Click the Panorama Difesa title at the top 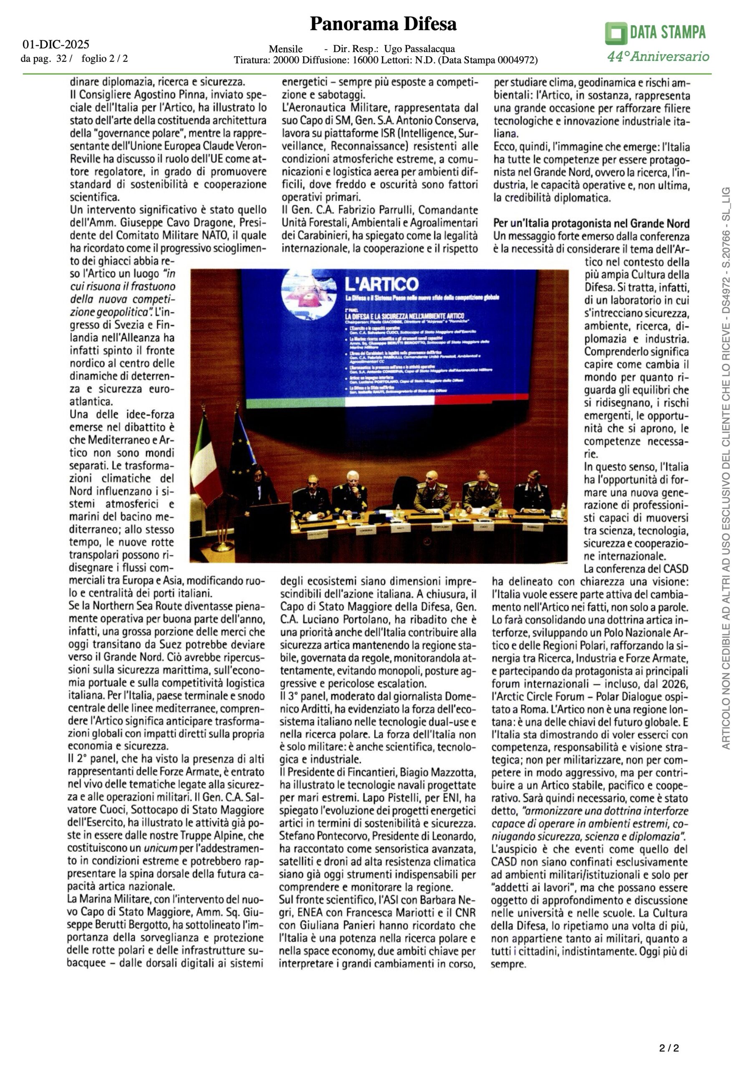(383, 24)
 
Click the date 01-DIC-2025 (56, 45)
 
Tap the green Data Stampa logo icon (616, 33)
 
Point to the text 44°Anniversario (658, 57)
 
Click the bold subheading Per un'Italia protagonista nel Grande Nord (591, 223)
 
